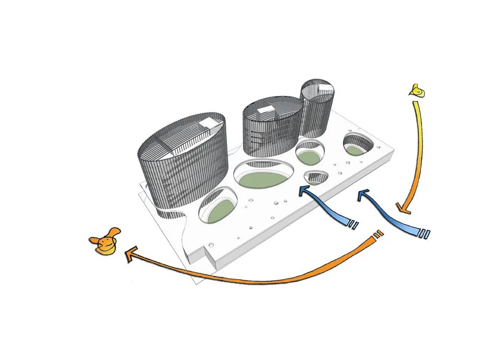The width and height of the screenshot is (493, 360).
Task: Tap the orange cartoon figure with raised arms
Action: (x=105, y=242)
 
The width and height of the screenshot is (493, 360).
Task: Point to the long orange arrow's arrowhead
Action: (x=130, y=254)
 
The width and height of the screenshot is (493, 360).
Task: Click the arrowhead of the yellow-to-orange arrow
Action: (x=403, y=209)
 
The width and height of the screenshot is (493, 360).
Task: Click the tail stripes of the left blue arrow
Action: (x=353, y=225)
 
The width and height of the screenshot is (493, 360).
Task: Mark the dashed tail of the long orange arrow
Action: (x=378, y=235)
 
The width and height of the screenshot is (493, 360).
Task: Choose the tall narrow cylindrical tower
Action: (x=317, y=107)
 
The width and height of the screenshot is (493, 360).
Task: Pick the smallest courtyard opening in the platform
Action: (x=316, y=178)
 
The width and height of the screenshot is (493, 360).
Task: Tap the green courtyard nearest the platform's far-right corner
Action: (x=357, y=148)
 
